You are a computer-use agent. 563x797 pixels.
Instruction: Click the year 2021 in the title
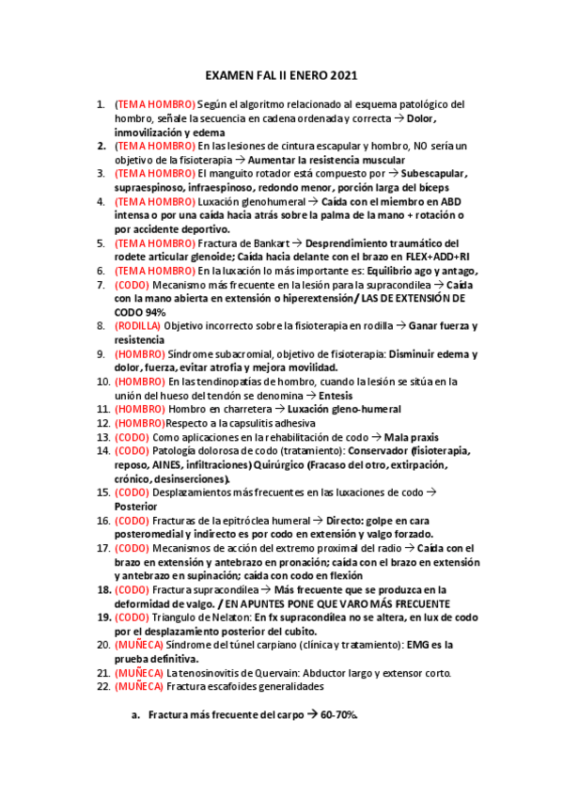tap(342, 75)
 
